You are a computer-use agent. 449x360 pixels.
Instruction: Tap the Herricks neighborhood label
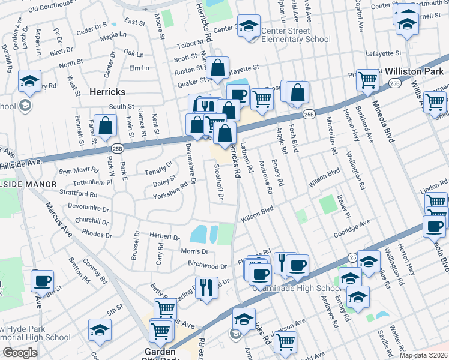[109, 92]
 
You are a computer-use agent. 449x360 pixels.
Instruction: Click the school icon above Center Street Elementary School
[249, 26]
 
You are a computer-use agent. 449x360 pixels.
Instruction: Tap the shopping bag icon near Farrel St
[105, 126]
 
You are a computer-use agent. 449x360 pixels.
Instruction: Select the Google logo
[19, 353]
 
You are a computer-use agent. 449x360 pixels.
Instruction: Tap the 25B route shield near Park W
[116, 148]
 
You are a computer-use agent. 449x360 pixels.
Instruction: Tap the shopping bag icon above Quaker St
[218, 68]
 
